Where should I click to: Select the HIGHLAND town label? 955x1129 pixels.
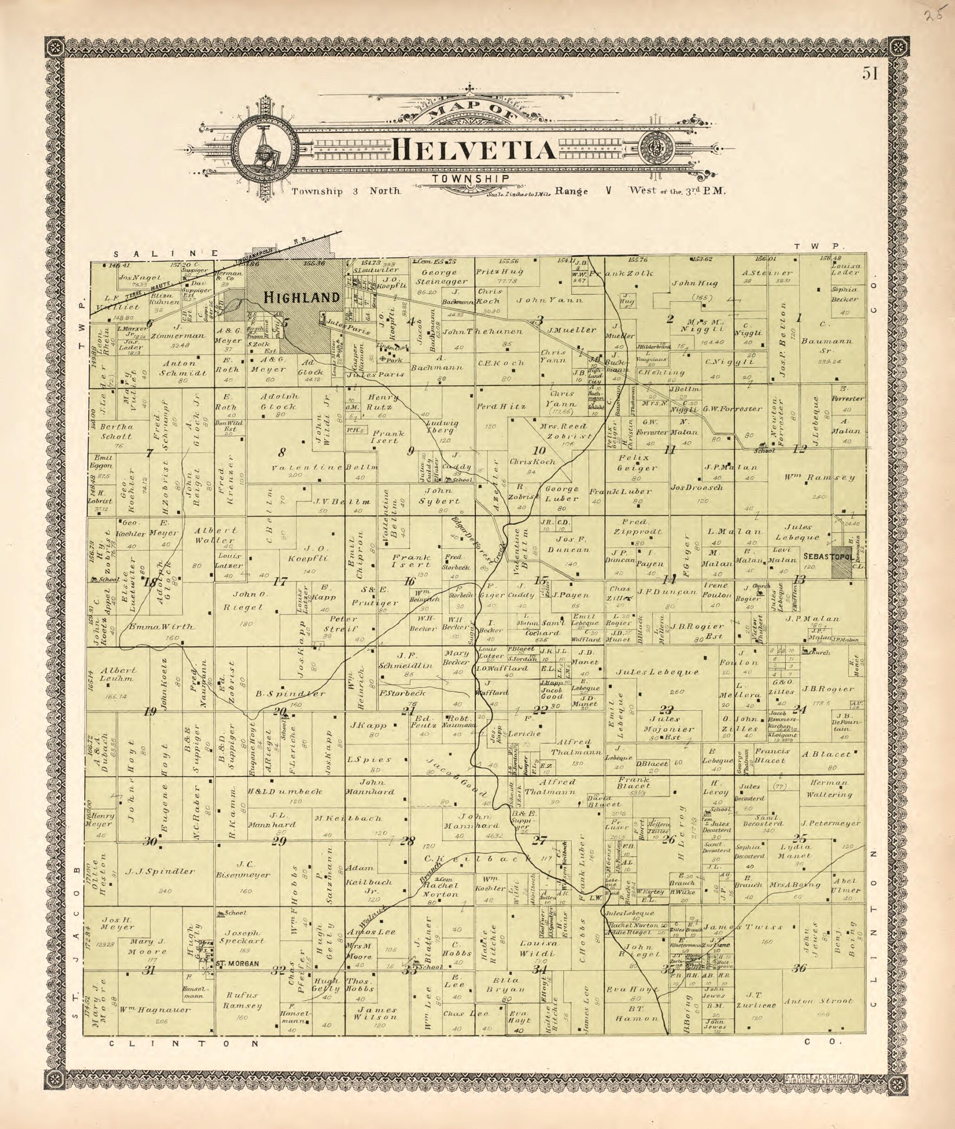(301, 297)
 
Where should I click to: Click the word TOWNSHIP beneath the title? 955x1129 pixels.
(470, 179)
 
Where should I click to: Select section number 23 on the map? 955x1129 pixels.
(667, 710)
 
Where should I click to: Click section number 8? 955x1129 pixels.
(281, 452)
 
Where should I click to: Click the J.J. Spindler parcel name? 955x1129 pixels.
(160, 871)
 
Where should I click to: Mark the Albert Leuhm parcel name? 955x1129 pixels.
(117, 674)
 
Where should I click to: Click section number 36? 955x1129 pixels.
(799, 969)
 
